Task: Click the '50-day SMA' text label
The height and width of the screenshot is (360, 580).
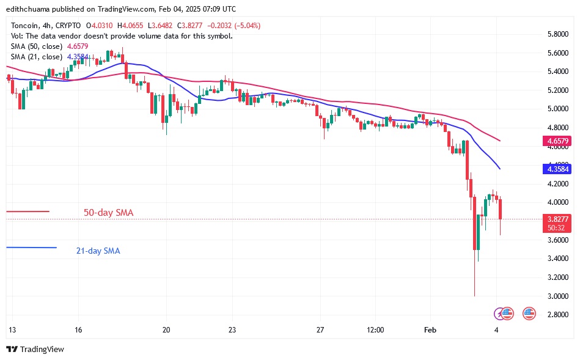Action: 108,213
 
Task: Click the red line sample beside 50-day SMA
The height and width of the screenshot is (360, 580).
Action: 28,211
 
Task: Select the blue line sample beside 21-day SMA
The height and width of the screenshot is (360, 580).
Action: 31,248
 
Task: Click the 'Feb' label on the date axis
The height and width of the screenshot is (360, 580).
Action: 430,330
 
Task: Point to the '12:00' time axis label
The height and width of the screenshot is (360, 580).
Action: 375,330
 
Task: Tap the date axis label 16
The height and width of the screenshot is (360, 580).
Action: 78,330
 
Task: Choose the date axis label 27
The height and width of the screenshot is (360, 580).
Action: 320,330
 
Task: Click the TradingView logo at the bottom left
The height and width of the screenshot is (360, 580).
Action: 35,349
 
